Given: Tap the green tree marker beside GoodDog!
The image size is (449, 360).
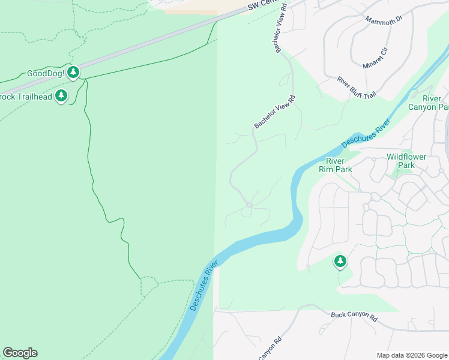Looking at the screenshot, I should pyautogui.click(x=73, y=73).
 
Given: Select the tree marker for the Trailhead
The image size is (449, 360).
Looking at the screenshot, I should pyautogui.click(x=61, y=96).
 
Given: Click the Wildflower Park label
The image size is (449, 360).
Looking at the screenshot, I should pyautogui.click(x=406, y=161).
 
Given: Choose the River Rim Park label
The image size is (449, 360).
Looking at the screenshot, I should pyautogui.click(x=339, y=165).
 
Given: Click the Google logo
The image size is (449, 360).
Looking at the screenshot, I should pyautogui.click(x=20, y=353).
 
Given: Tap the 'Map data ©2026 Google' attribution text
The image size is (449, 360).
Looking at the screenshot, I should pyautogui.click(x=412, y=355).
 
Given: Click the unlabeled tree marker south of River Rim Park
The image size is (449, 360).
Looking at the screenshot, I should pyautogui.click(x=340, y=261).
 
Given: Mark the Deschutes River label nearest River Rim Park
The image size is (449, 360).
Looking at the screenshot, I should pyautogui.click(x=366, y=134).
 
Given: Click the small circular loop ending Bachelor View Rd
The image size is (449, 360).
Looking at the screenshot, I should pyautogui.click(x=249, y=206).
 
